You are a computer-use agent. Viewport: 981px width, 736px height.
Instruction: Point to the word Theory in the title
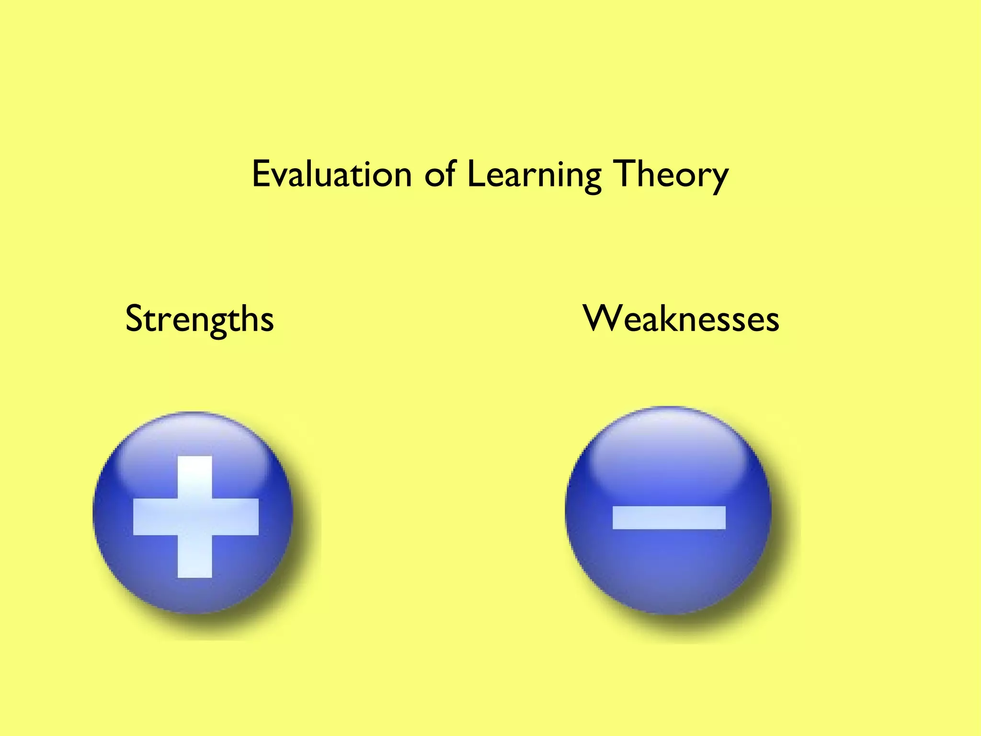click(671, 175)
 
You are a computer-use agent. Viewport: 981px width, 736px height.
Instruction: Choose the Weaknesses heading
click(681, 319)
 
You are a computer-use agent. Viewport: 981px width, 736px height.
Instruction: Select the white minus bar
click(669, 517)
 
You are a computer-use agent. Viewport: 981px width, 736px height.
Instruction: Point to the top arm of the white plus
click(195, 477)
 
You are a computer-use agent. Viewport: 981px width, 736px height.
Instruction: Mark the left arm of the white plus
click(155, 517)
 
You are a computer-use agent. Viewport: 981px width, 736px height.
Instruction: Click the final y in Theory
click(719, 180)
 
